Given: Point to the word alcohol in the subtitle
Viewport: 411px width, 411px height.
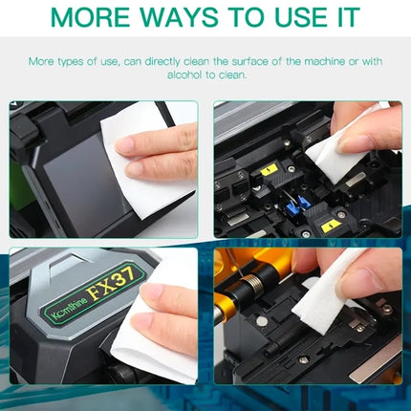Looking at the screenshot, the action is coord(184,75).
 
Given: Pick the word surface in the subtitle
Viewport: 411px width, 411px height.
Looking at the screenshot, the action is coord(249,61).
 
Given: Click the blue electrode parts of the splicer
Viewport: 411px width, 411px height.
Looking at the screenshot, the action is coord(297,203).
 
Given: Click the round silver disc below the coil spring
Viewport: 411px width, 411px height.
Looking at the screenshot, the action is coord(262,321).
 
